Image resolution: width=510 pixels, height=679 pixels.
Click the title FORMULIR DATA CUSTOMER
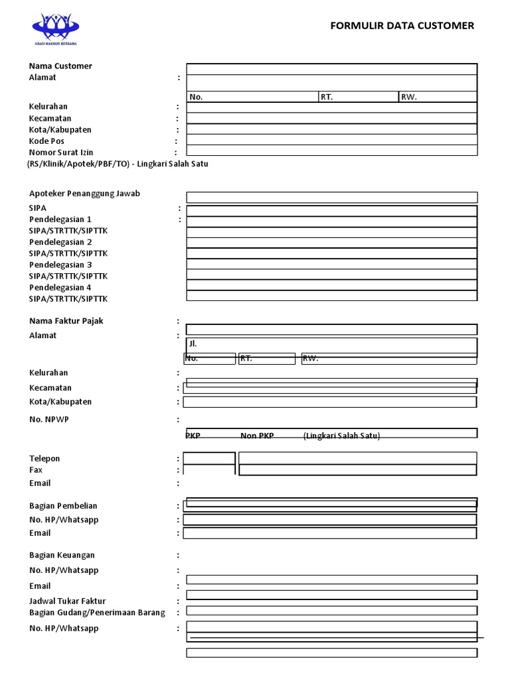click(402, 26)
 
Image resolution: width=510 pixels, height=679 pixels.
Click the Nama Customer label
click(60, 66)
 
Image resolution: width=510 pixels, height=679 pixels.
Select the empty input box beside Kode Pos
click(331, 139)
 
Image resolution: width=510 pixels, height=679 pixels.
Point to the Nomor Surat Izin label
click(61, 153)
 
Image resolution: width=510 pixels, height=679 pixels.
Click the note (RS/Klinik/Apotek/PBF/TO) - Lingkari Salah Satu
click(118, 164)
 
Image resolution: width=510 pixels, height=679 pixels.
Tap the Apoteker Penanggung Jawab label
click(84, 194)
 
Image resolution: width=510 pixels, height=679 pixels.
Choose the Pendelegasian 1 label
click(60, 219)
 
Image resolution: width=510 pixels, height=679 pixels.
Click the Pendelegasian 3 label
click(60, 265)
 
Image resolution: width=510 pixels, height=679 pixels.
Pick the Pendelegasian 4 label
click(60, 287)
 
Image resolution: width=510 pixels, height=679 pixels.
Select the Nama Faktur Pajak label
click(66, 321)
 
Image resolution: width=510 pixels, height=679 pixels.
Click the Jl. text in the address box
click(193, 344)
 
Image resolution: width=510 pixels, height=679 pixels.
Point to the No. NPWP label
click(49, 419)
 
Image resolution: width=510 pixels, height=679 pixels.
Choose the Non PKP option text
click(257, 436)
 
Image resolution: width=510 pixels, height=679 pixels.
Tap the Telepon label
click(44, 458)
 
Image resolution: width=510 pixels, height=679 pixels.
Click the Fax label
click(36, 469)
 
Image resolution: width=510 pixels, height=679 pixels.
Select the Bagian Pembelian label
click(63, 506)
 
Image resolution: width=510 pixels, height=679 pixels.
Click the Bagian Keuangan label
click(62, 555)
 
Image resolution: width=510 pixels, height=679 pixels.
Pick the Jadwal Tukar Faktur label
click(68, 601)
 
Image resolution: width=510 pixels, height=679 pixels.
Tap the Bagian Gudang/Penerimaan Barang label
click(97, 612)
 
